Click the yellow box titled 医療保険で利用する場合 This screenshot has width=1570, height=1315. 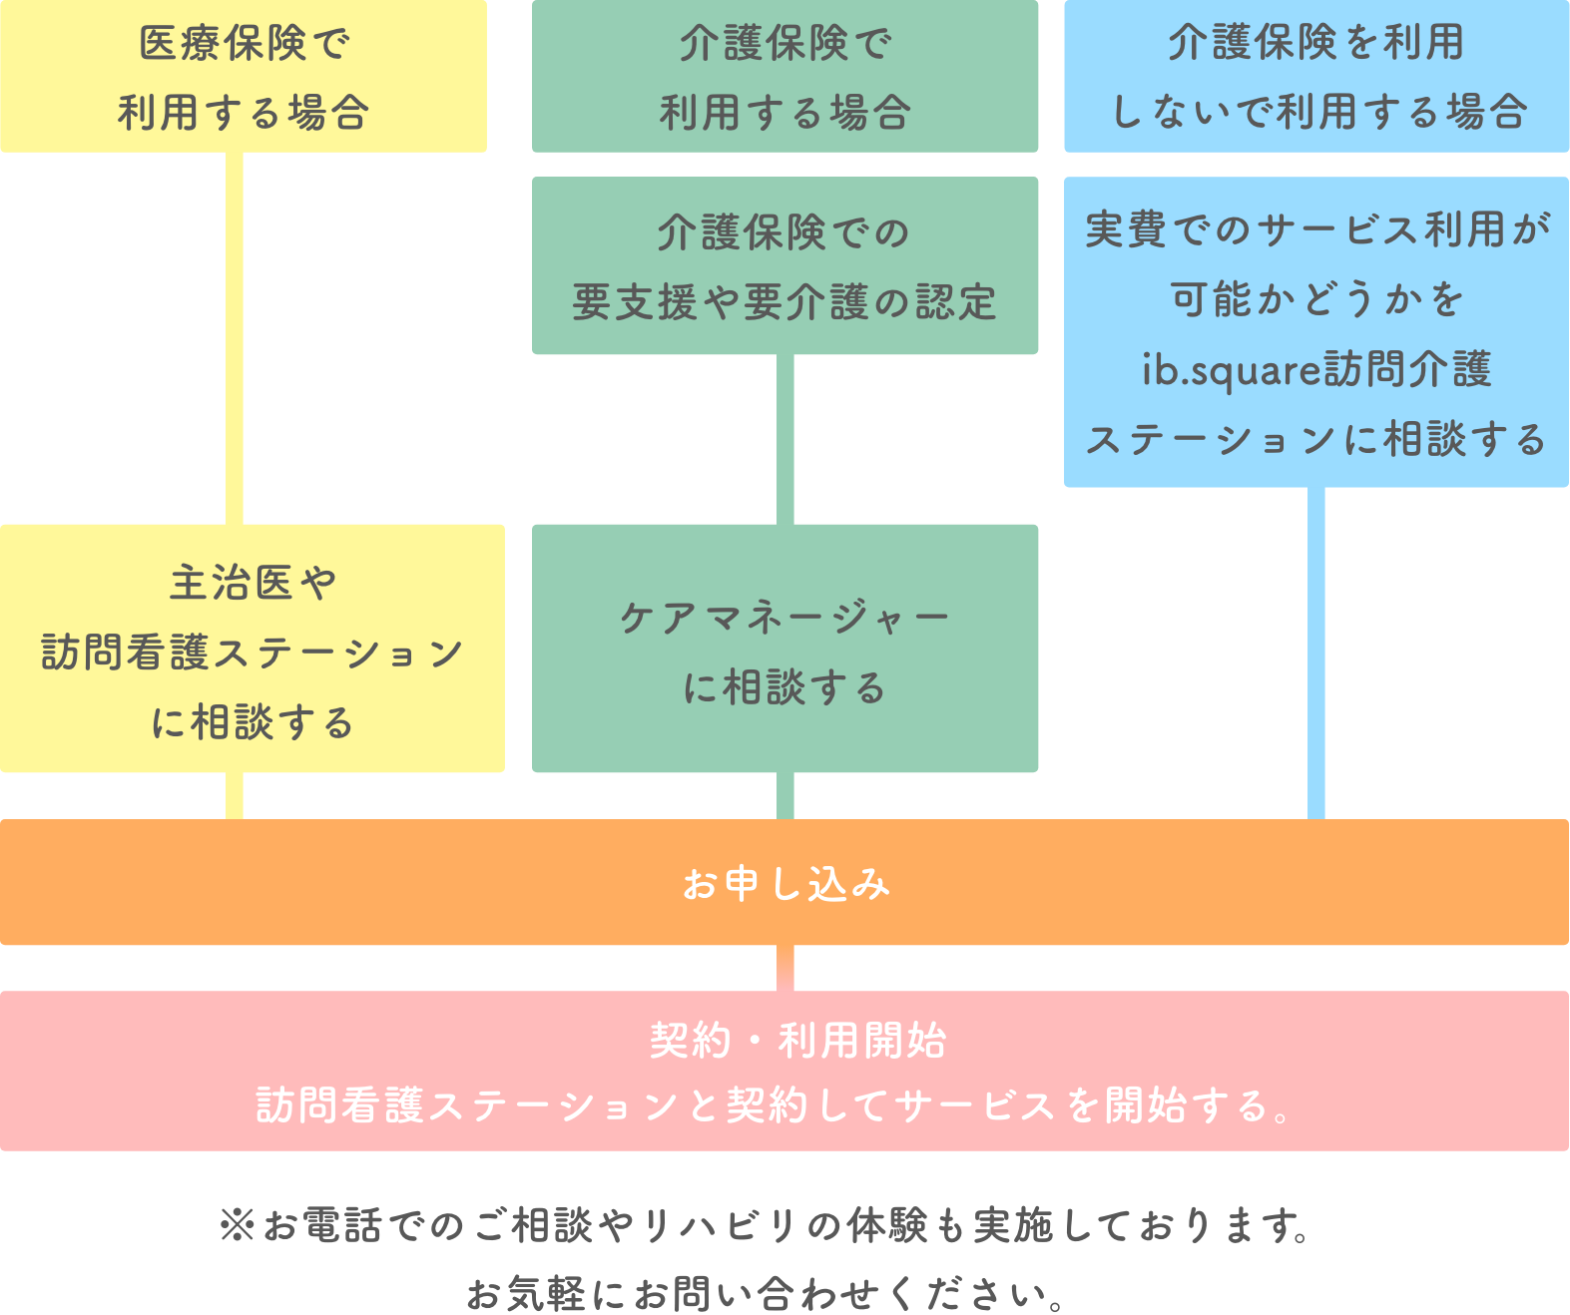click(x=244, y=77)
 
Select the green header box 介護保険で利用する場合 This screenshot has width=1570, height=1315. click(x=785, y=77)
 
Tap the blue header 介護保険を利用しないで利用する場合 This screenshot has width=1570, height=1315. click(x=1316, y=77)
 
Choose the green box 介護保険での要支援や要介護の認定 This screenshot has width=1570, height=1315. click(x=785, y=266)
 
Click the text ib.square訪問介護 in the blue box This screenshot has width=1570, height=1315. click(x=1316, y=369)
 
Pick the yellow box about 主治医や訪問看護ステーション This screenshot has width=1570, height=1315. click(x=252, y=649)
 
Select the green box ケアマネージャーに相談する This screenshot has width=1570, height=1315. click(x=785, y=649)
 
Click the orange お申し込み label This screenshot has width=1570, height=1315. click(x=785, y=884)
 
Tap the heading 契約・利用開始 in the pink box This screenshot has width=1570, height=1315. click(x=797, y=1041)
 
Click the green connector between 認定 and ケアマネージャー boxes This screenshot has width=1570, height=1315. click(x=785, y=439)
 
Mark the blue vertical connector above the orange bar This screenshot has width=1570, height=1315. click(x=1316, y=654)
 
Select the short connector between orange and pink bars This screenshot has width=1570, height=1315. click(x=785, y=968)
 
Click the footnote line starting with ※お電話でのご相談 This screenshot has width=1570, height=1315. click(x=765, y=1225)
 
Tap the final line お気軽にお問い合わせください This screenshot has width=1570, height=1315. click(x=765, y=1293)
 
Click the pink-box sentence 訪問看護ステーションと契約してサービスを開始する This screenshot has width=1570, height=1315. click(x=775, y=1105)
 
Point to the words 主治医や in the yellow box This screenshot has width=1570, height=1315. click(x=254, y=583)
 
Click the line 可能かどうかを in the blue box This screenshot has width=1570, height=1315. click(x=1316, y=299)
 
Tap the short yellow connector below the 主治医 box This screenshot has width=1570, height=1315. click(x=235, y=796)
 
